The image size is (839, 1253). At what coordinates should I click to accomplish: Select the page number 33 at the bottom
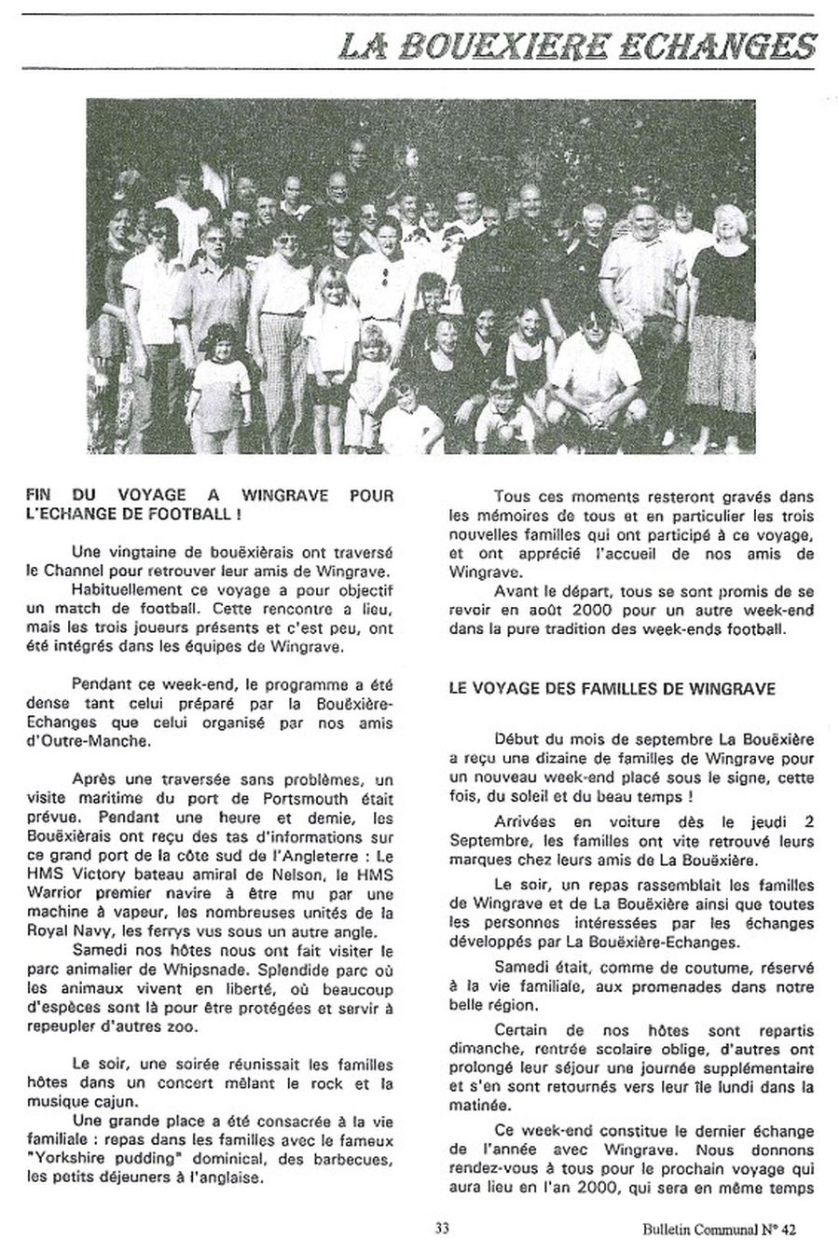(442, 1229)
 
